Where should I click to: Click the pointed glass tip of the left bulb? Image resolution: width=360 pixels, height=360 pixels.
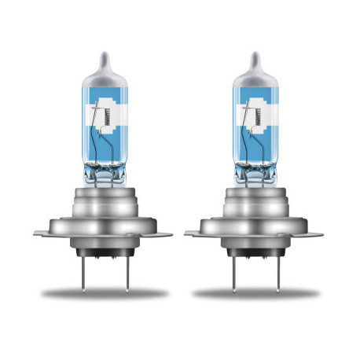click(102, 57)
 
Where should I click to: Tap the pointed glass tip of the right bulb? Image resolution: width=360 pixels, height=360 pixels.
click(253, 57)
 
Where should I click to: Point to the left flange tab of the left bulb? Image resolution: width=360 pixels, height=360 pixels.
click(44, 233)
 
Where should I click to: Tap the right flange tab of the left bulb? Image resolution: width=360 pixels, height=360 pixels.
click(163, 233)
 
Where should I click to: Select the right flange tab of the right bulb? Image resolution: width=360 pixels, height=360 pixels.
click(314, 233)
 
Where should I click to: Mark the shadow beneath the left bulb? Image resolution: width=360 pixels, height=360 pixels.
click(104, 294)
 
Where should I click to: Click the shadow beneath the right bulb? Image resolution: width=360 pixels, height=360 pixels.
click(255, 294)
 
